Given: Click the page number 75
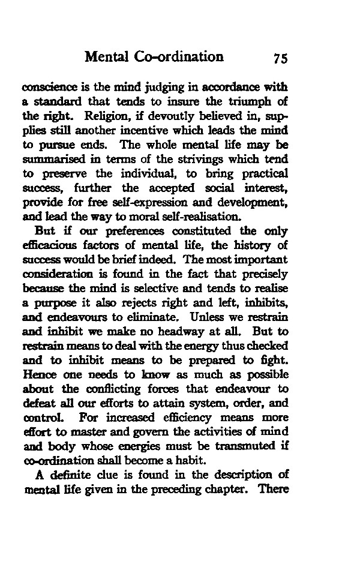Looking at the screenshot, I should click(x=281, y=58).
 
